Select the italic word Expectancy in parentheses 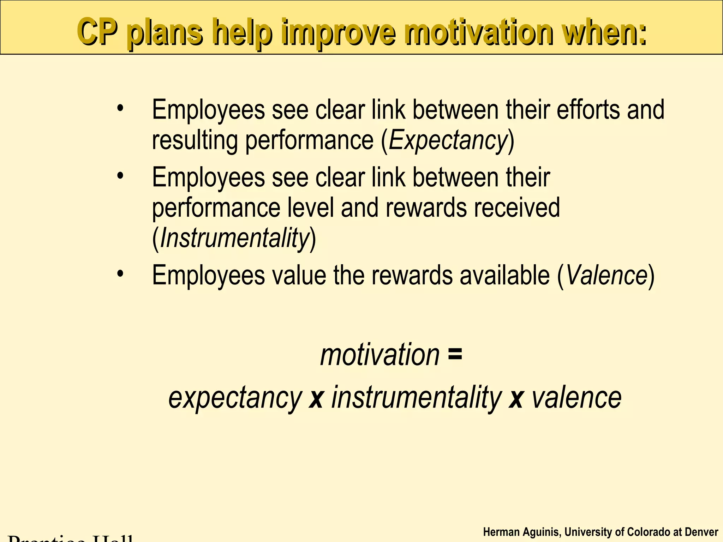pos(448,140)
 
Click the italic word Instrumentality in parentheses pos(234,238)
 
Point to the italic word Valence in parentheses pos(606,275)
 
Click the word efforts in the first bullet pos(587,110)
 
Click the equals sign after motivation pos(455,354)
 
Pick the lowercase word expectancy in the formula pos(235,398)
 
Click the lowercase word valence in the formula pos(576,397)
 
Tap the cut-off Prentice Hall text pos(71,538)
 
